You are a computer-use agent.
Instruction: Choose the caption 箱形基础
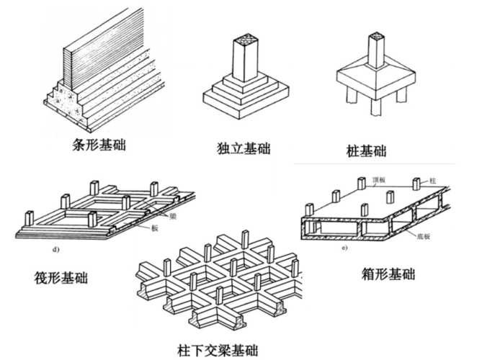pyautogui.click(x=388, y=274)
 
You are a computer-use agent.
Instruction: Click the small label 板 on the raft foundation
pyautogui.click(x=155, y=228)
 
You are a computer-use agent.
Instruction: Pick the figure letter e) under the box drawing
pyautogui.click(x=344, y=248)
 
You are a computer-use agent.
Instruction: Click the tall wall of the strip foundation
pyautogui.click(x=94, y=50)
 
